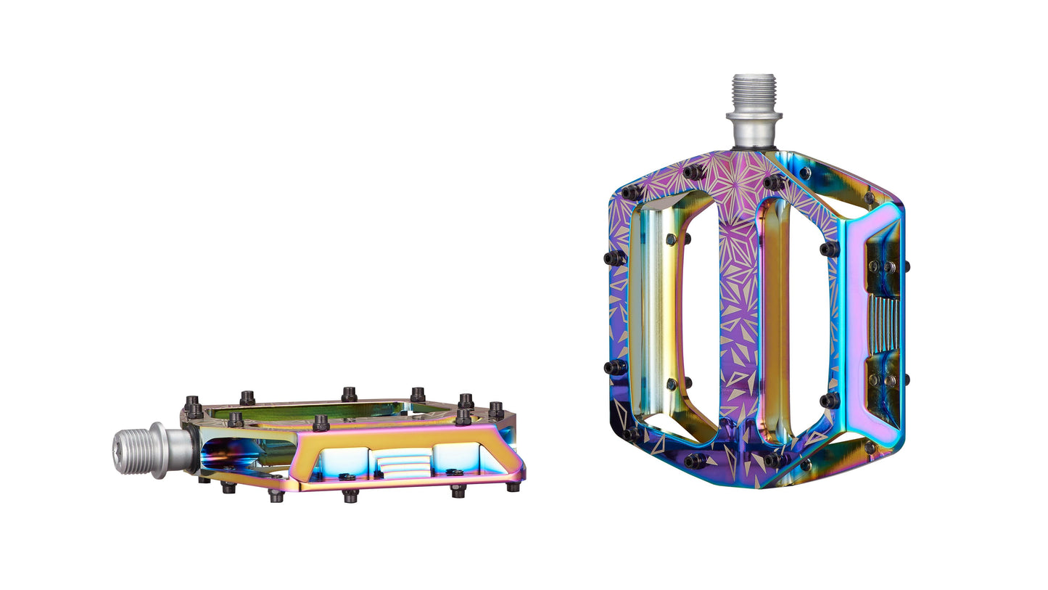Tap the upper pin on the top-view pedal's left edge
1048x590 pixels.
click(x=614, y=258)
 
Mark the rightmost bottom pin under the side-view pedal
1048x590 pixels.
click(x=513, y=487)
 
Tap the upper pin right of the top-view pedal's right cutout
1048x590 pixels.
click(x=829, y=249)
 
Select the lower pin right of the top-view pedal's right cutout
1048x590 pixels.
click(x=829, y=400)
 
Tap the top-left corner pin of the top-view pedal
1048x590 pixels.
click(x=630, y=192)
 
